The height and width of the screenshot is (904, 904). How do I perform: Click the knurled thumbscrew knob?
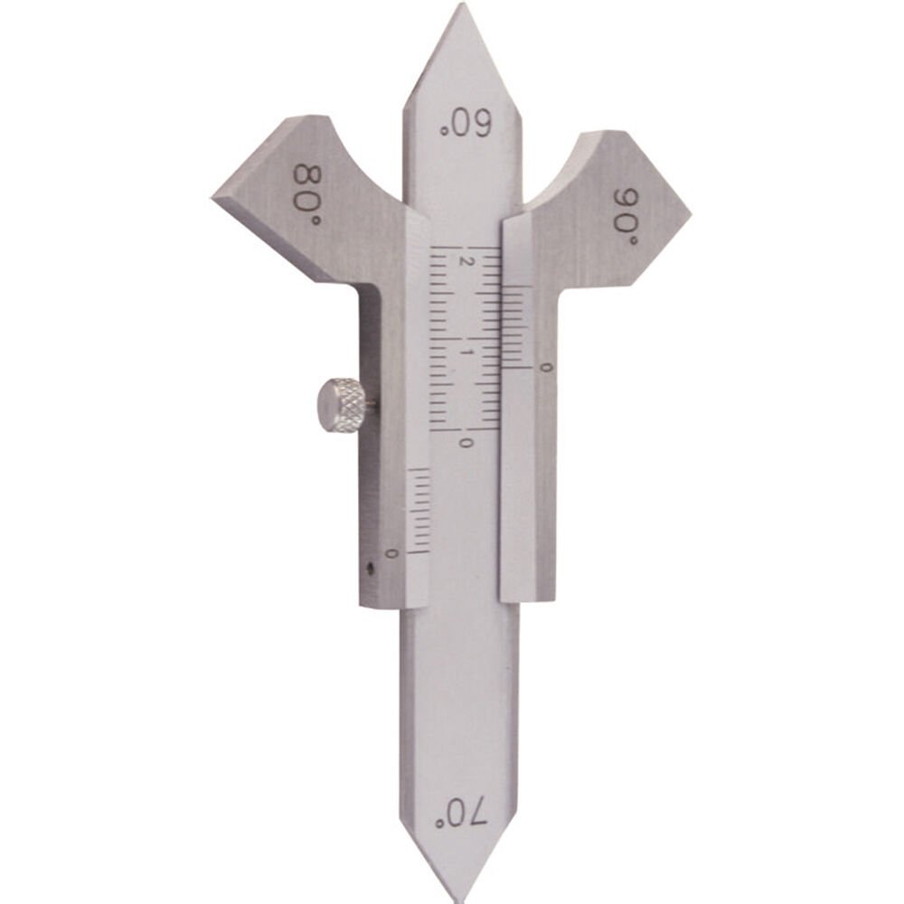tap(341, 406)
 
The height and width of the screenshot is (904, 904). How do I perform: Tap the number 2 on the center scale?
tap(466, 262)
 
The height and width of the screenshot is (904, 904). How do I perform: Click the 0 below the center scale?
tap(466, 443)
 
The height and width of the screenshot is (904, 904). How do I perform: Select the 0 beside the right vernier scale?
tap(542, 367)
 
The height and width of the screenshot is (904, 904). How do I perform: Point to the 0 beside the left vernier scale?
tap(391, 552)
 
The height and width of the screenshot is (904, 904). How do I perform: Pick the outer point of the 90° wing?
tap(689, 215)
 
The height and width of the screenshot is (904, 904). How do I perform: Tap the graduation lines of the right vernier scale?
tap(516, 326)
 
